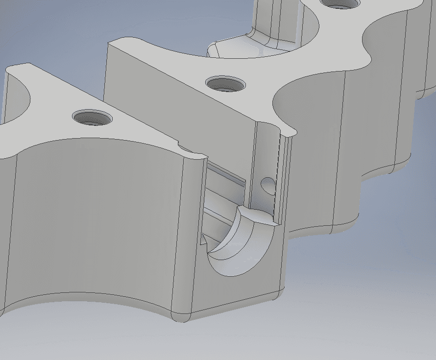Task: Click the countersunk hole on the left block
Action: pyautogui.click(x=93, y=118)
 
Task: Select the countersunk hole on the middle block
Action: pyautogui.click(x=225, y=84)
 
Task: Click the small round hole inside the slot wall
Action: pyautogui.click(x=268, y=185)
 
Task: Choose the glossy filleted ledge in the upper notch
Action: pyautogui.click(x=230, y=49)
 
